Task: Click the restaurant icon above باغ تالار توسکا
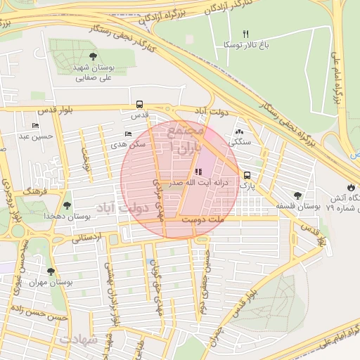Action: point(245,34)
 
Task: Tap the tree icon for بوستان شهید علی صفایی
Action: point(93,56)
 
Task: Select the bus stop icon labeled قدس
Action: point(139,103)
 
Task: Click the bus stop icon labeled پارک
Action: point(246,176)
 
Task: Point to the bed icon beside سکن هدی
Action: point(127,134)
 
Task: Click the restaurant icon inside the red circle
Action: point(198,172)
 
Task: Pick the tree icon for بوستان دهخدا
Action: point(67,205)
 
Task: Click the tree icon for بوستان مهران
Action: point(50,271)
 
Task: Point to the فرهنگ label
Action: point(32,191)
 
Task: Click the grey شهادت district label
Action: point(80,339)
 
